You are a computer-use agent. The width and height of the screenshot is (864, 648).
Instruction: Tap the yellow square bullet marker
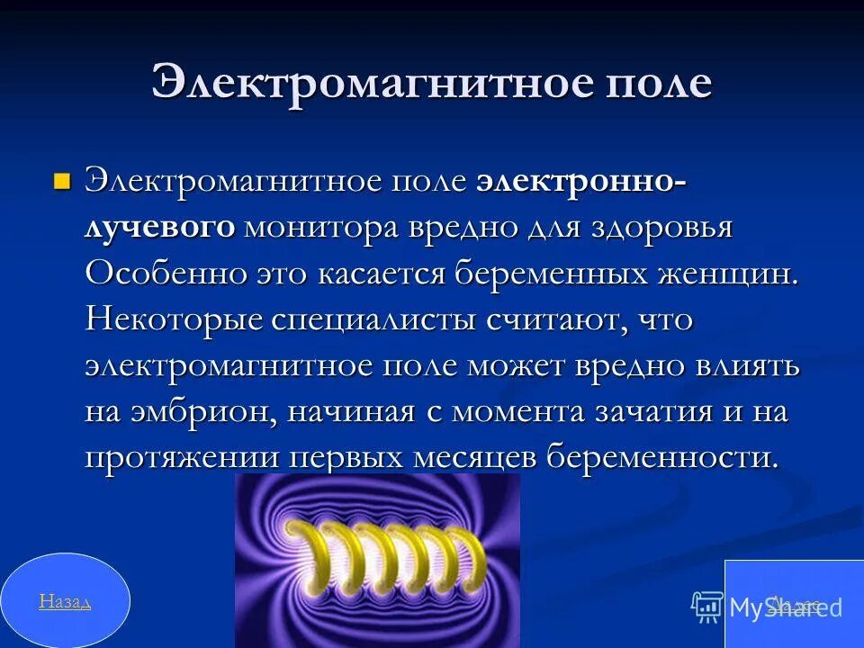pyautogui.click(x=62, y=181)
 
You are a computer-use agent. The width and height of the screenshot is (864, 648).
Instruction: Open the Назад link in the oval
pyautogui.click(x=65, y=601)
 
